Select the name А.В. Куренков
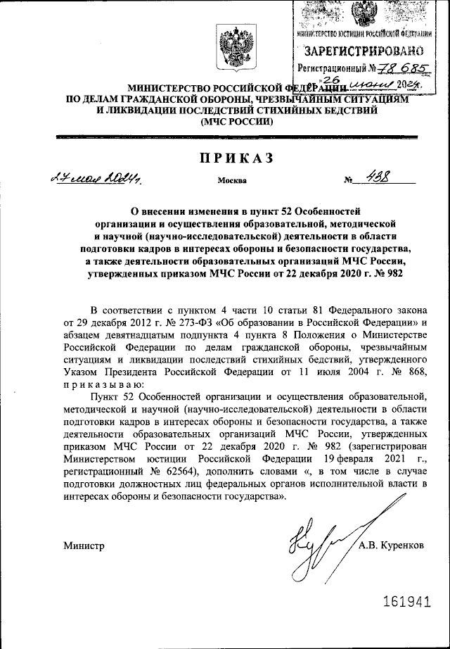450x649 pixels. tap(391, 546)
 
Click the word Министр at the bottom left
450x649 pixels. tap(84, 546)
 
